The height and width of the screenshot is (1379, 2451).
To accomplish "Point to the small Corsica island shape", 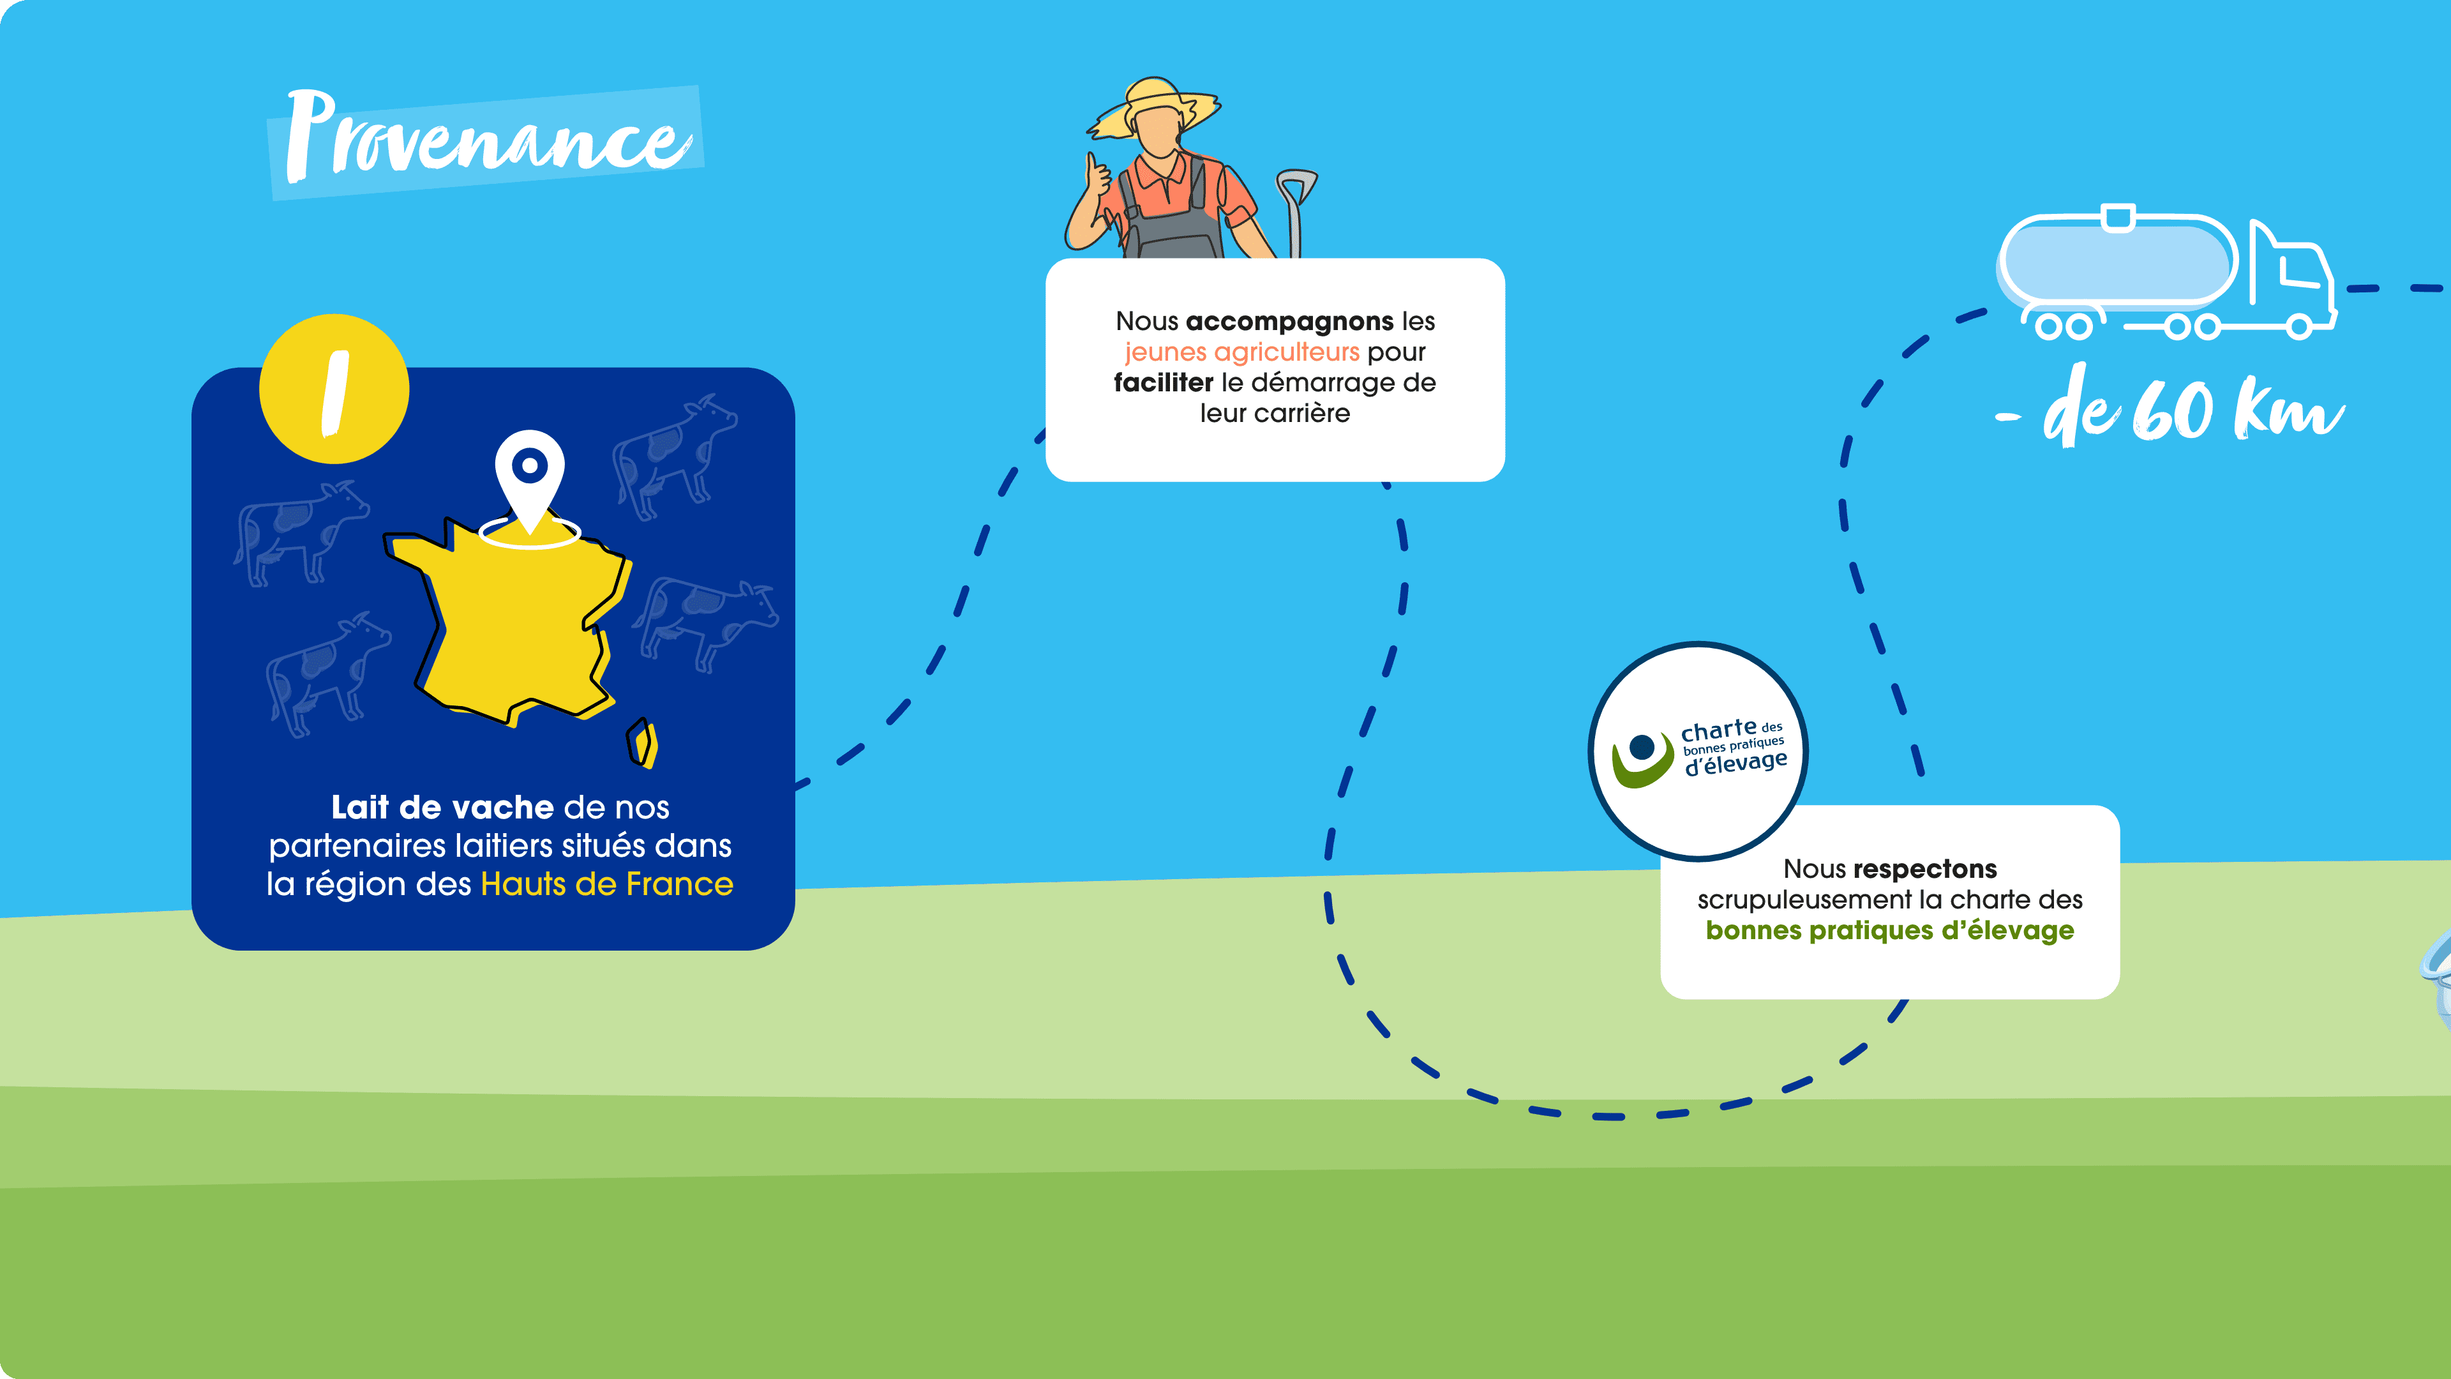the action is coord(642,743).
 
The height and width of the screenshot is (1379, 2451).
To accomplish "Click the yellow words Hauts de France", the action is coord(607,884).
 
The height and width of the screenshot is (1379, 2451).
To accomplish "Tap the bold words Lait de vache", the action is coord(442,807).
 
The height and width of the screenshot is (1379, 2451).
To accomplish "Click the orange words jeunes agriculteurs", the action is coord(1241,352).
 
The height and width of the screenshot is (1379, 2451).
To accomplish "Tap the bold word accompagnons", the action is coord(1289,322).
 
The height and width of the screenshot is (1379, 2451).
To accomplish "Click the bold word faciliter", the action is coord(1164,382).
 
